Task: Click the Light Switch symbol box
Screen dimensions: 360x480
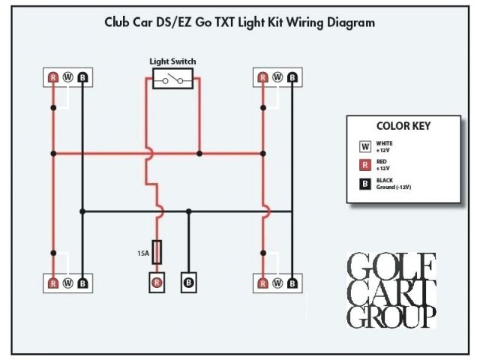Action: click(173, 78)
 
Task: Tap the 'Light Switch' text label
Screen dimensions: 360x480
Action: click(173, 61)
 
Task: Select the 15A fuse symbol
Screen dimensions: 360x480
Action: click(157, 250)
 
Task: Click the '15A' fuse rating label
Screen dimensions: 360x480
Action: click(142, 253)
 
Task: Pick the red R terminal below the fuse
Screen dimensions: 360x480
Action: click(157, 282)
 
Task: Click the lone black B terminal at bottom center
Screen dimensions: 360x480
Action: click(188, 282)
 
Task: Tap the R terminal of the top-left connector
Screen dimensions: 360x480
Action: click(53, 76)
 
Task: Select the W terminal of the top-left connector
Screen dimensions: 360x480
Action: click(67, 76)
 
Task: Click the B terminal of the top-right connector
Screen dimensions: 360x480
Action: click(292, 76)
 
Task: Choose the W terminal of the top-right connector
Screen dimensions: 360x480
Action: click(277, 76)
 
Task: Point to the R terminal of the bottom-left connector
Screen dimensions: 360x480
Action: click(53, 283)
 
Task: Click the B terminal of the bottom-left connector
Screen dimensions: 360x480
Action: click(82, 283)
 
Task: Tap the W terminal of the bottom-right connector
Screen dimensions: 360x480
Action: click(277, 283)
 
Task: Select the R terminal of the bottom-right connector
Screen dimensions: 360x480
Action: click(262, 283)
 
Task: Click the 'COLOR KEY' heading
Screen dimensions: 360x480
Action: click(403, 126)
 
